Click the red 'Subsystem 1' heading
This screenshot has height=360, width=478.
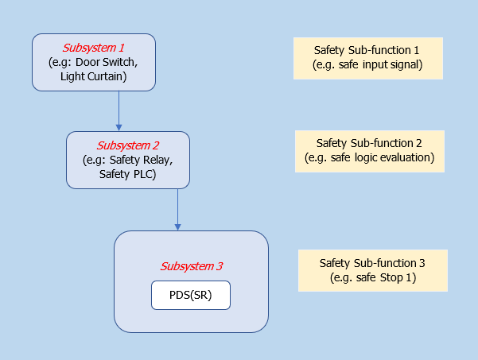pos(93,48)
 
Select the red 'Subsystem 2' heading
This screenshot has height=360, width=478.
pos(128,145)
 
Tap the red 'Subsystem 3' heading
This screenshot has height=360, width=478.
pos(192,266)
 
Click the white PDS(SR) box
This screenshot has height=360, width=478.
pos(191,296)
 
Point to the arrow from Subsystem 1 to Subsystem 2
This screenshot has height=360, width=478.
pos(119,110)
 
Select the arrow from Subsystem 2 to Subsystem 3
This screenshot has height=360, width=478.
pos(177,208)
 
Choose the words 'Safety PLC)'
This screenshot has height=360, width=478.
pos(127,174)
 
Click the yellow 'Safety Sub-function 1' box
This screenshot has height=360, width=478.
pos(367,57)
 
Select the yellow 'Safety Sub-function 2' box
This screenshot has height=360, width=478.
pos(369,150)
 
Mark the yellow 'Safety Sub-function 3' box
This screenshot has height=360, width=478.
pos(372,270)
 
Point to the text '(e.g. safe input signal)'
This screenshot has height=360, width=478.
pos(367,64)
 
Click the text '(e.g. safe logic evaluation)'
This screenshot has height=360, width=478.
pos(369,157)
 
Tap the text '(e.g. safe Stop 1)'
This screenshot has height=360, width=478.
pos(372,278)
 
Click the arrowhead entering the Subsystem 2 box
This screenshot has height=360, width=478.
pos(119,127)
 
